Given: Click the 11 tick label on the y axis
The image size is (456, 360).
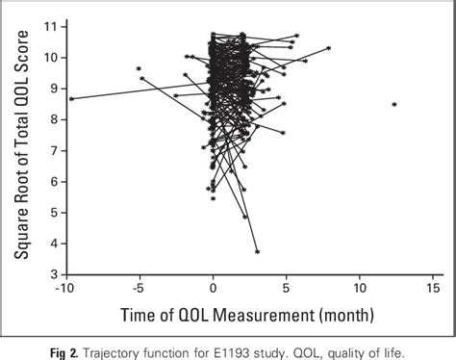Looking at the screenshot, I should click(x=49, y=26).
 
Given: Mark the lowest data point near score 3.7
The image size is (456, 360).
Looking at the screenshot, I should click(x=257, y=251).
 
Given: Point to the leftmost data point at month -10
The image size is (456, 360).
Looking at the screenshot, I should click(x=71, y=98).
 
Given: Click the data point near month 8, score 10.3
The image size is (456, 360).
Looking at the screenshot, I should click(x=329, y=48).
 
